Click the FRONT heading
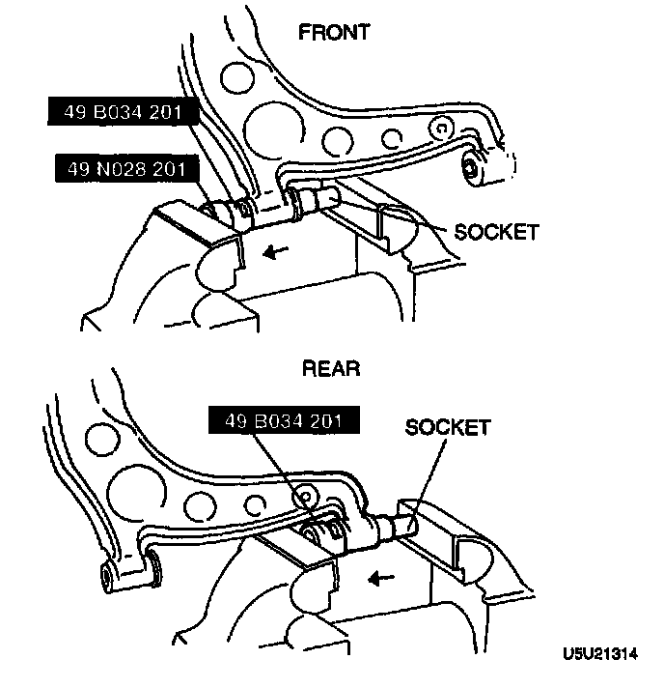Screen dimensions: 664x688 tap(334, 33)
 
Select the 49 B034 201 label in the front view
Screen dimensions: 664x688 tap(124, 113)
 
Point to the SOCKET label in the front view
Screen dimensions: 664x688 tap(496, 232)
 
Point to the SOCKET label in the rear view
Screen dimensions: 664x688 tap(448, 427)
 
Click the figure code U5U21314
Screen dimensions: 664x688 tap(598, 653)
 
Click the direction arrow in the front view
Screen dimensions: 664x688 tap(276, 251)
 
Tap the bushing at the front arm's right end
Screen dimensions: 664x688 tap(475, 166)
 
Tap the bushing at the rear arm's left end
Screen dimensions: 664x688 tap(110, 579)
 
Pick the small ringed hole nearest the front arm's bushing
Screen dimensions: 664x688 tap(440, 128)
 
